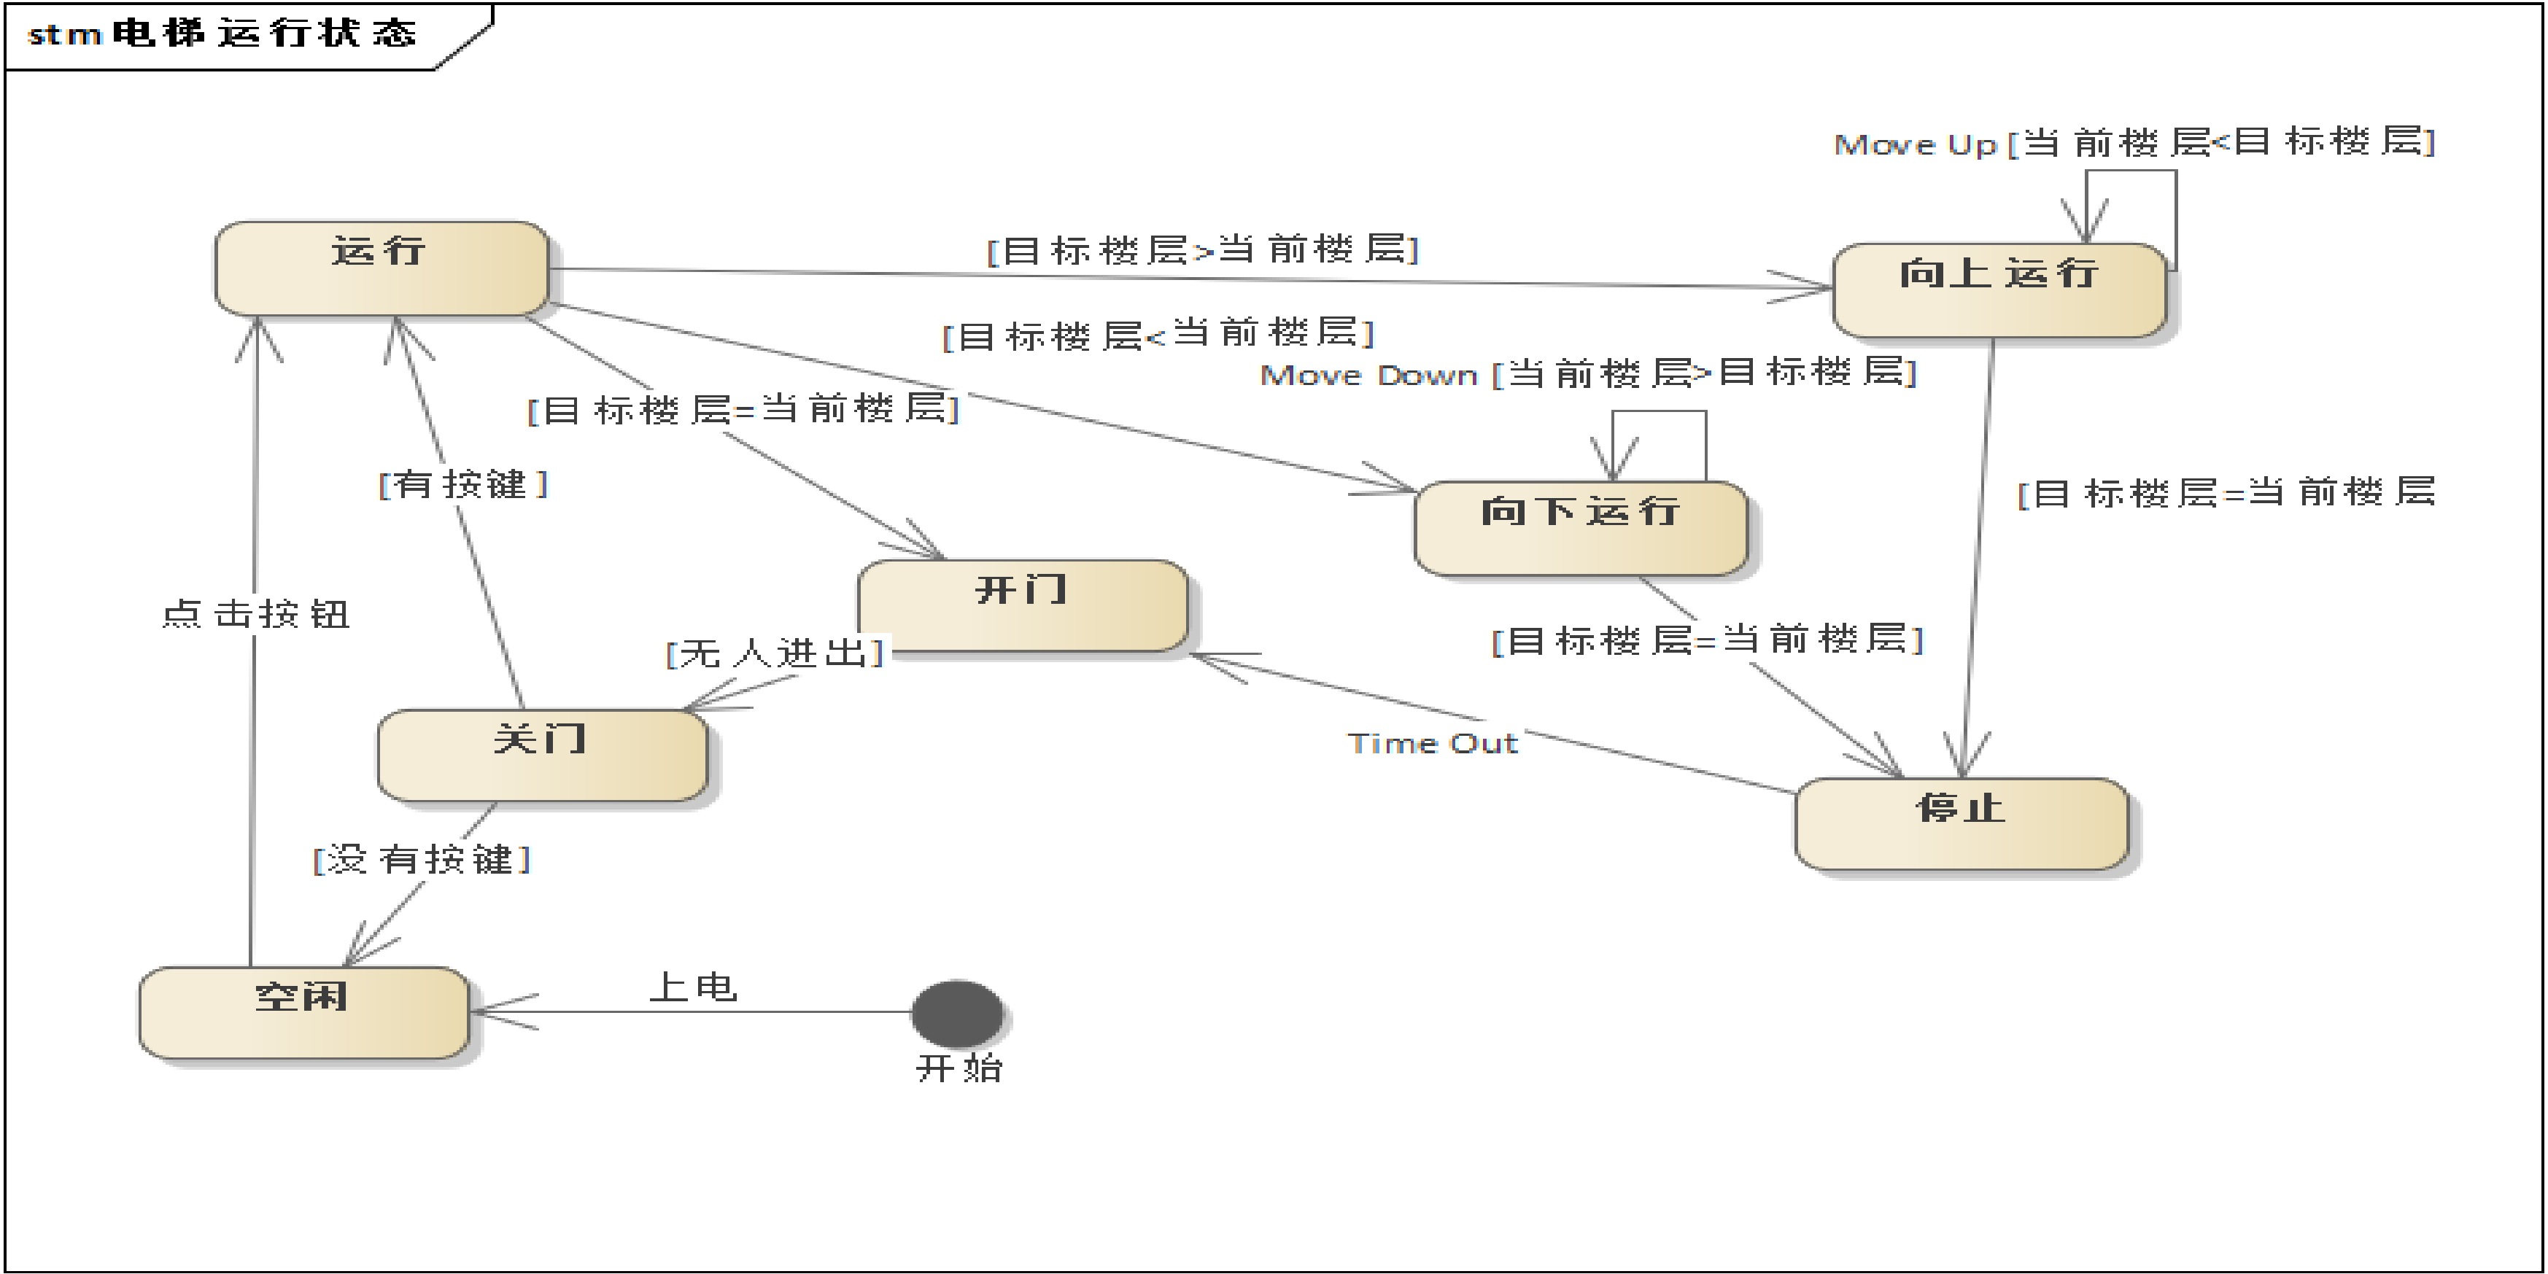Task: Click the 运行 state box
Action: (x=381, y=268)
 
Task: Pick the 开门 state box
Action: (x=1023, y=605)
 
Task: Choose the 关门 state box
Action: (x=542, y=755)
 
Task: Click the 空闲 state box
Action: (x=303, y=1013)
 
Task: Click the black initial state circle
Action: (x=956, y=1013)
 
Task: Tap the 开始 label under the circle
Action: (x=959, y=1068)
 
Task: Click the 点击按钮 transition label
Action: (x=255, y=614)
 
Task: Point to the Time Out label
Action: (x=1432, y=743)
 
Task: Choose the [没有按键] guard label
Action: (x=422, y=858)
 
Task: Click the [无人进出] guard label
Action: (x=775, y=653)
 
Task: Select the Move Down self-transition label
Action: (x=1587, y=374)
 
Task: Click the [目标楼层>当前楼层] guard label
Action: (x=1203, y=249)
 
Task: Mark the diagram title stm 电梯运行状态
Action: (x=222, y=34)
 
